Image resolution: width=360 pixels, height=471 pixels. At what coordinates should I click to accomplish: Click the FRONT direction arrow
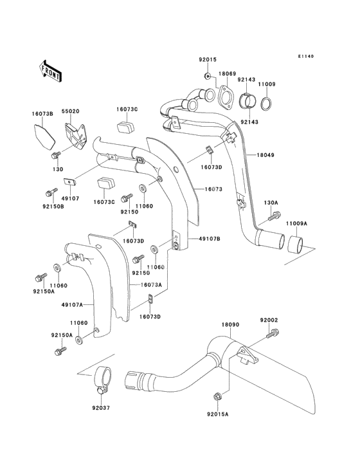(51, 70)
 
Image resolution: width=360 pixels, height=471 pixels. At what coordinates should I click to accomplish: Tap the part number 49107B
(210, 239)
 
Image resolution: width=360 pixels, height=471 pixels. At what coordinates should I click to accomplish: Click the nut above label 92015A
(218, 396)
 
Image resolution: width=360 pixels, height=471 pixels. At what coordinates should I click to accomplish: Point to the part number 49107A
(72, 305)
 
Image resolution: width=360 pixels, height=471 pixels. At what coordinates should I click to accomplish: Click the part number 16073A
(152, 284)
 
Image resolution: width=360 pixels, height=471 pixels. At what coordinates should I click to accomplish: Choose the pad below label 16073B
(42, 136)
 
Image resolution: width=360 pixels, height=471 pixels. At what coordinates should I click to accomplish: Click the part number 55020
(71, 111)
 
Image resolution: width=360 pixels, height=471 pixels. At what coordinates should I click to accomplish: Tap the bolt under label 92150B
(51, 192)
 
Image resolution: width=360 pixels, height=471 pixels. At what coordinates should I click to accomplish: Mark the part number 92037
(101, 407)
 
